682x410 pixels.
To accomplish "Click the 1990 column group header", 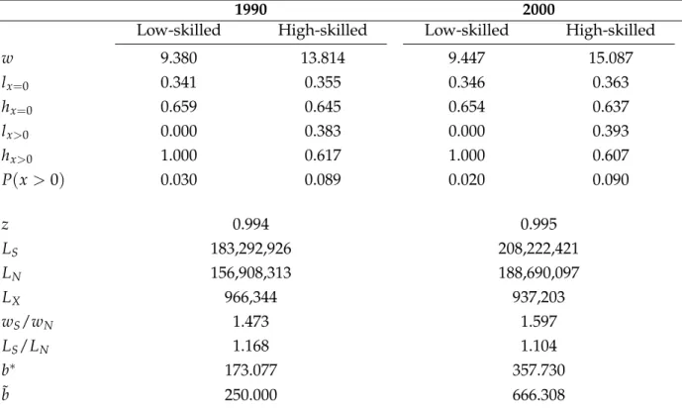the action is [251, 10].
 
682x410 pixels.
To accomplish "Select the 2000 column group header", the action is [538, 10].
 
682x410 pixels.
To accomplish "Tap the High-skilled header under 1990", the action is [323, 30].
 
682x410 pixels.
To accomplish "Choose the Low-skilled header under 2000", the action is [466, 30].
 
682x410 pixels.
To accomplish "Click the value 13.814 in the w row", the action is [323, 57].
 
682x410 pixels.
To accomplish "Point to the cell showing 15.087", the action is [611, 57].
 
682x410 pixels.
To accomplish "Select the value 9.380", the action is [179, 57].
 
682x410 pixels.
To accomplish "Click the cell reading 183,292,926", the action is [251, 249].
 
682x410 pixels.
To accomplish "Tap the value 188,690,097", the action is [538, 273].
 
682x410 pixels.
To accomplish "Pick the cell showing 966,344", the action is [251, 297].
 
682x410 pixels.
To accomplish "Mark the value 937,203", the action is [538, 297].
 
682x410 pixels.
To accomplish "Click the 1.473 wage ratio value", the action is [251, 322].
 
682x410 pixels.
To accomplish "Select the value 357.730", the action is [538, 370].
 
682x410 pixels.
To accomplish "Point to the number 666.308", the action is [538, 395].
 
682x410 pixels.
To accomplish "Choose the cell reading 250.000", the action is [251, 395].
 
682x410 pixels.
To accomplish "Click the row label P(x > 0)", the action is [33, 180].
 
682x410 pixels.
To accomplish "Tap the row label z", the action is [5, 225].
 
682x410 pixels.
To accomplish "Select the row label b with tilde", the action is [5, 394].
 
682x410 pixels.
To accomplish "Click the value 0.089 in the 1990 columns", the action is [323, 180].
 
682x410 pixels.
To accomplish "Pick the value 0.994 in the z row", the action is [251, 224].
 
